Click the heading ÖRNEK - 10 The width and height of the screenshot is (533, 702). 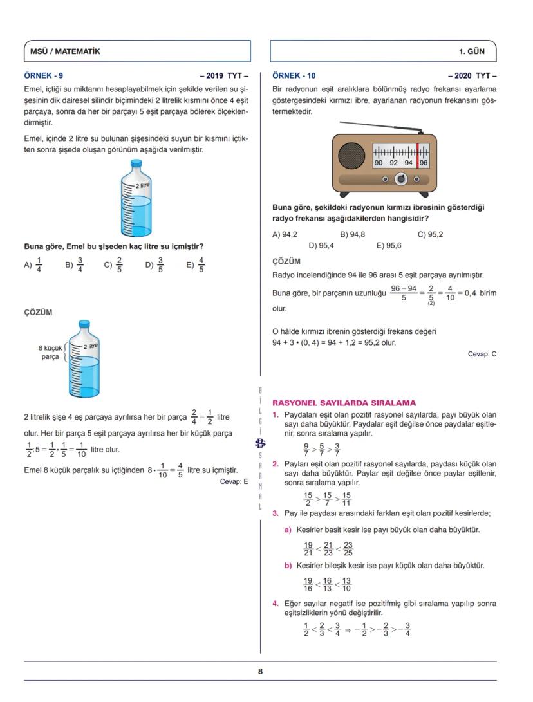tap(294, 75)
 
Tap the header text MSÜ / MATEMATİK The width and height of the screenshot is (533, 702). tap(66, 51)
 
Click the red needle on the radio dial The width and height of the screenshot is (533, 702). tap(417, 154)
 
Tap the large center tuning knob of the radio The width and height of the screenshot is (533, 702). tap(400, 178)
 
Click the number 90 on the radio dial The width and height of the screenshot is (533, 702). tap(379, 163)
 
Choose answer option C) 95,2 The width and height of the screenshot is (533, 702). tap(430, 234)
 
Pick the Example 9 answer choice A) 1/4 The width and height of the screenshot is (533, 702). tap(33, 264)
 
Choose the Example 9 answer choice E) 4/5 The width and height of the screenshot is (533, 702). tap(196, 264)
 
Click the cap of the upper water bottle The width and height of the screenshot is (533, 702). tap(136, 163)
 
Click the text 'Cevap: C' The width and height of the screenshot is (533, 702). tap(482, 354)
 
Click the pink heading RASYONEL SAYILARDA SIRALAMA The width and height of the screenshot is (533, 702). tap(344, 403)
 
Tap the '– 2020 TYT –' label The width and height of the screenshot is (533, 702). tap(472, 75)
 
